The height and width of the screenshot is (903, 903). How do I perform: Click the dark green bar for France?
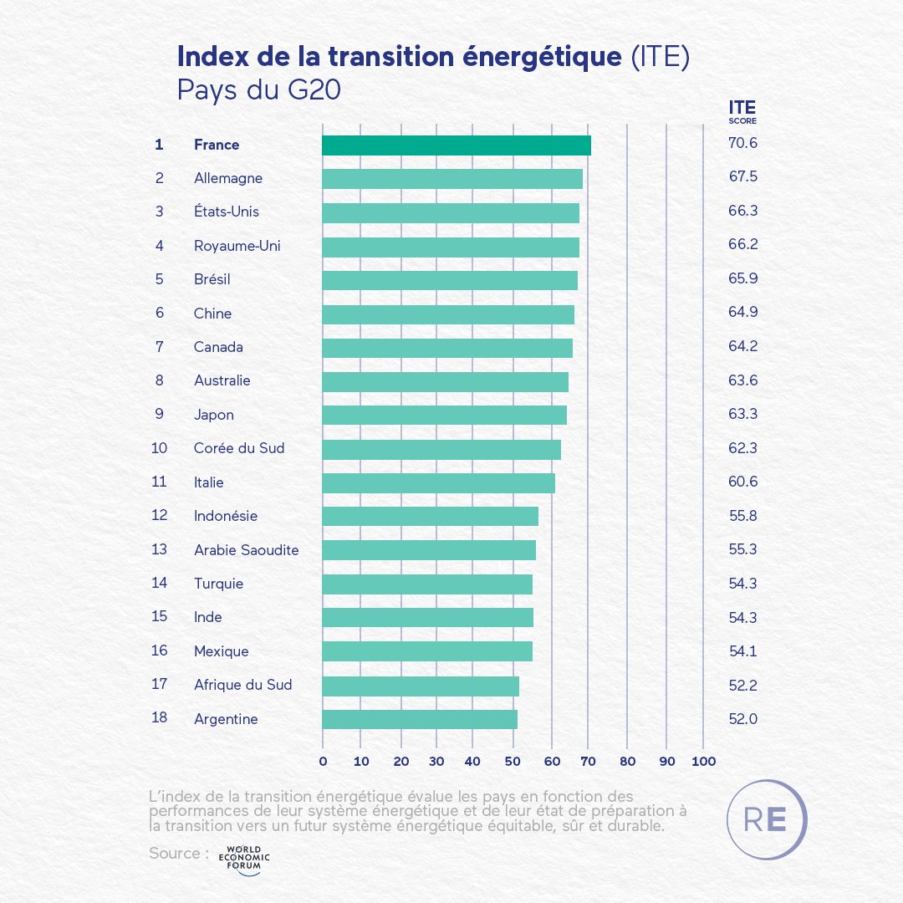(x=457, y=145)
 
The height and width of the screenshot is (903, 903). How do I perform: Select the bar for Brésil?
(x=450, y=280)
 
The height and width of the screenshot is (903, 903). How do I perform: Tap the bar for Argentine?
(x=420, y=719)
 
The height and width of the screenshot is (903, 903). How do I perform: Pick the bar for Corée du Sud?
(x=441, y=449)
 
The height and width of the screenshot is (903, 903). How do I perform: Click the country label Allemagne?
(x=228, y=178)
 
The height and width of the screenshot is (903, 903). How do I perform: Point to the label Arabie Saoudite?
(x=246, y=549)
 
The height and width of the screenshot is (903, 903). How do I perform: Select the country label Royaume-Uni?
(x=237, y=246)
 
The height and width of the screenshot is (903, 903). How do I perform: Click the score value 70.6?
(x=742, y=144)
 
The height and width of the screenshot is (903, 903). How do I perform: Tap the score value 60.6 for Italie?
(x=742, y=482)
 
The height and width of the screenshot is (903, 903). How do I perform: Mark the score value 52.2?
(x=742, y=685)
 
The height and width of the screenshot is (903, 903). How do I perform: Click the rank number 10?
(x=159, y=448)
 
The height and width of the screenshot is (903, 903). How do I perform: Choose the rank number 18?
(x=159, y=718)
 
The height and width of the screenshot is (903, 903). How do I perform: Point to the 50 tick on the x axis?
(x=511, y=762)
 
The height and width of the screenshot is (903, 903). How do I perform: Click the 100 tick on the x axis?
(x=703, y=762)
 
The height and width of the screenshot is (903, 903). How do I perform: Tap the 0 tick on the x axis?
(x=323, y=762)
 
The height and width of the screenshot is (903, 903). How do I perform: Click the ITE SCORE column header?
(x=742, y=111)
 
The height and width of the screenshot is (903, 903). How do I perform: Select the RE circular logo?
(x=767, y=819)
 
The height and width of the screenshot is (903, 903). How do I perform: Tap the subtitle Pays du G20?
(x=258, y=89)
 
